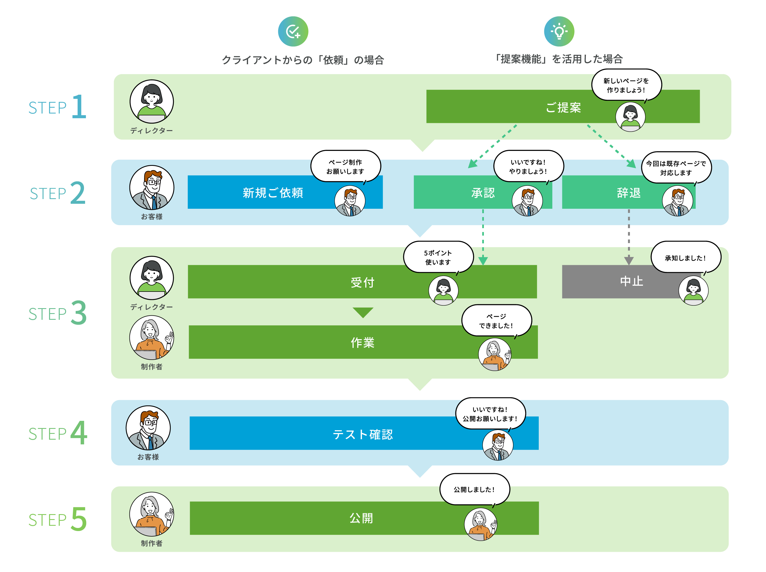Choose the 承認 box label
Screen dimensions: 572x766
[x=483, y=193]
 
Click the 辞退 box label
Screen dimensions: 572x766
[x=629, y=193]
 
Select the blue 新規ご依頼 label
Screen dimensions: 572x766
[x=273, y=193]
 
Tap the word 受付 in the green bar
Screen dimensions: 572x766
[x=362, y=282]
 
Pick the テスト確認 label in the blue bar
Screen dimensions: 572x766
[x=362, y=434]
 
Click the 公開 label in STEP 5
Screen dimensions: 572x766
[x=361, y=518]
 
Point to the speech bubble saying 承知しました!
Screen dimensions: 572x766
[x=685, y=258]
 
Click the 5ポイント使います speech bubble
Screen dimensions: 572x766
[x=438, y=257]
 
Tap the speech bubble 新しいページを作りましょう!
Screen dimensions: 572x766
[x=626, y=85]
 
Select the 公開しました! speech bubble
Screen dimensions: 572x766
[x=474, y=489]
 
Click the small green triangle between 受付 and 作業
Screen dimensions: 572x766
[x=362, y=312]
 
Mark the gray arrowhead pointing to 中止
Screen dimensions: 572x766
[x=629, y=260]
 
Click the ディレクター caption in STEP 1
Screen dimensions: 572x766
[x=151, y=131]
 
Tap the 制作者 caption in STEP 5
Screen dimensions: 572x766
[x=151, y=543]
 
